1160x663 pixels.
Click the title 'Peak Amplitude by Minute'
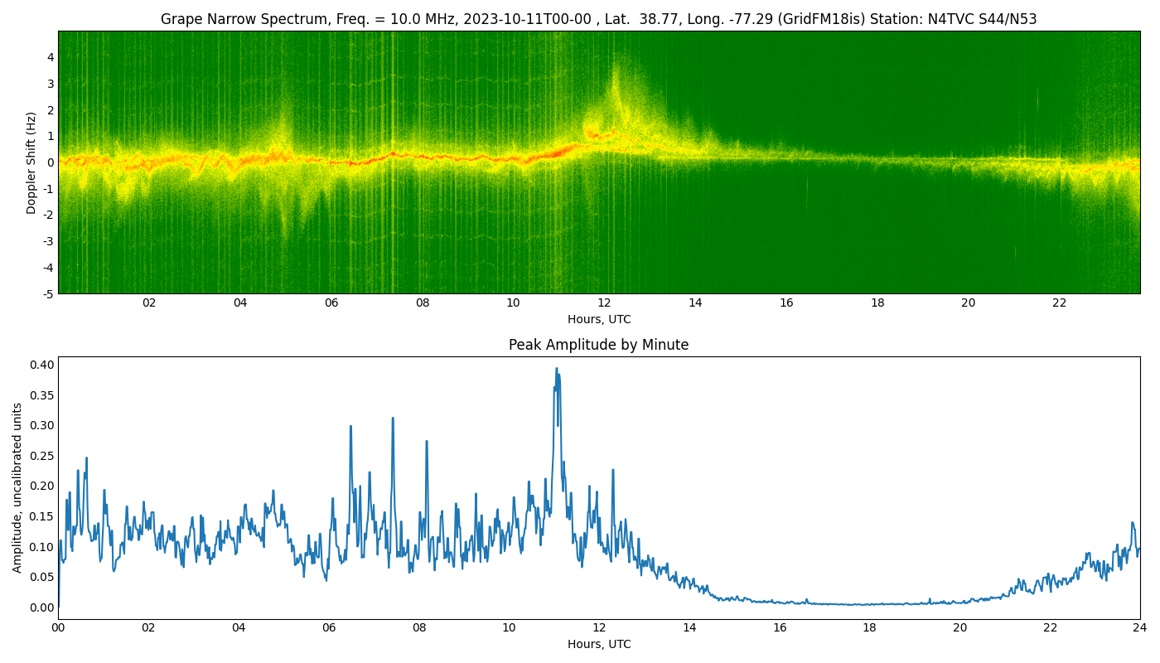[598, 345]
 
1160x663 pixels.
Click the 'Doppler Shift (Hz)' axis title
[31, 162]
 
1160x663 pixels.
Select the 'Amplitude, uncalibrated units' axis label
[17, 487]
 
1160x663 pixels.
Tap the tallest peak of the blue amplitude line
[557, 369]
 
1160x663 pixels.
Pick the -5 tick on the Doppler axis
[49, 293]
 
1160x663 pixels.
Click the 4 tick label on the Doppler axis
[51, 57]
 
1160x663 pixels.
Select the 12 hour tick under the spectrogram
[604, 303]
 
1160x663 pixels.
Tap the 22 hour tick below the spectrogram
[1060, 303]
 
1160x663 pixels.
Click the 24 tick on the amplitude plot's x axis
[1140, 628]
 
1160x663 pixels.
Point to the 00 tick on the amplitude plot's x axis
[58, 628]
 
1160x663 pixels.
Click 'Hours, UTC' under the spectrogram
[598, 319]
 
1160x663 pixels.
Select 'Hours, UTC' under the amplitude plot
[598, 644]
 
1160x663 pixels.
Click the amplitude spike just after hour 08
[427, 442]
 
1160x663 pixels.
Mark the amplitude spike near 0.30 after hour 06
[350, 427]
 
